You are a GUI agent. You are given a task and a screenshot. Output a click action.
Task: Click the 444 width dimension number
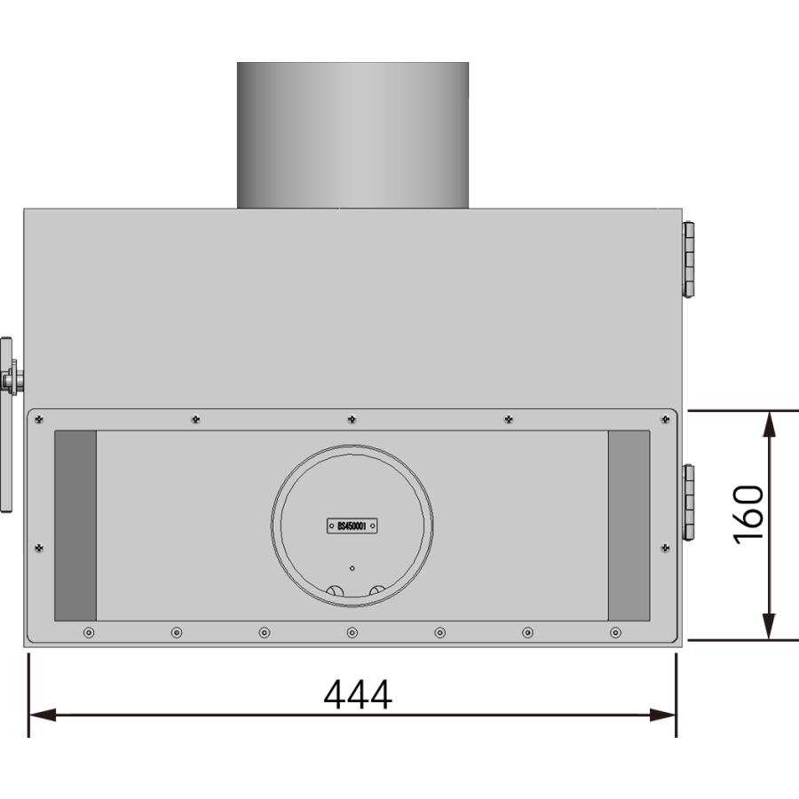357,695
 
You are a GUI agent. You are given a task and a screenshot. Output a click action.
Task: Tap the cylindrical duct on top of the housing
352,135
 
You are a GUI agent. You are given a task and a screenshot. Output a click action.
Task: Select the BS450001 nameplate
352,526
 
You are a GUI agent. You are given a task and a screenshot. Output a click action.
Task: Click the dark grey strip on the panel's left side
75,526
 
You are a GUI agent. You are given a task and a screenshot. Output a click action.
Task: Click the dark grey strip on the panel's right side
629,526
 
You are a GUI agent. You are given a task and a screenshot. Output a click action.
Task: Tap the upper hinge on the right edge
688,258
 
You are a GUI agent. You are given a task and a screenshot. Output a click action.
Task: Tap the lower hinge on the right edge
688,502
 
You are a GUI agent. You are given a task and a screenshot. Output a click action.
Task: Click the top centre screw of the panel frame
352,419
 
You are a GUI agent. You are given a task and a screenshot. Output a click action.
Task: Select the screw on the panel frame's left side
39,548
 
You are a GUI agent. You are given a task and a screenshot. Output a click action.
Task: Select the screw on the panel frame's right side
666,548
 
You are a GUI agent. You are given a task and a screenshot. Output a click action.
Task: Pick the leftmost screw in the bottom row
88,632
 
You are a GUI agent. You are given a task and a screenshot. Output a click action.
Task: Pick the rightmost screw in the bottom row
616,632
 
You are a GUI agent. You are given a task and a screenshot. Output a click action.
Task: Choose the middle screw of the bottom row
352,632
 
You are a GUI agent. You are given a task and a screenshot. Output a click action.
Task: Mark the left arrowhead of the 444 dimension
41,715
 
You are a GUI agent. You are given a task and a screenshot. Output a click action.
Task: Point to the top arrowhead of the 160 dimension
770,423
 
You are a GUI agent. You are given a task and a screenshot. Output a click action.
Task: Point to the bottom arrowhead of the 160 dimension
770,627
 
